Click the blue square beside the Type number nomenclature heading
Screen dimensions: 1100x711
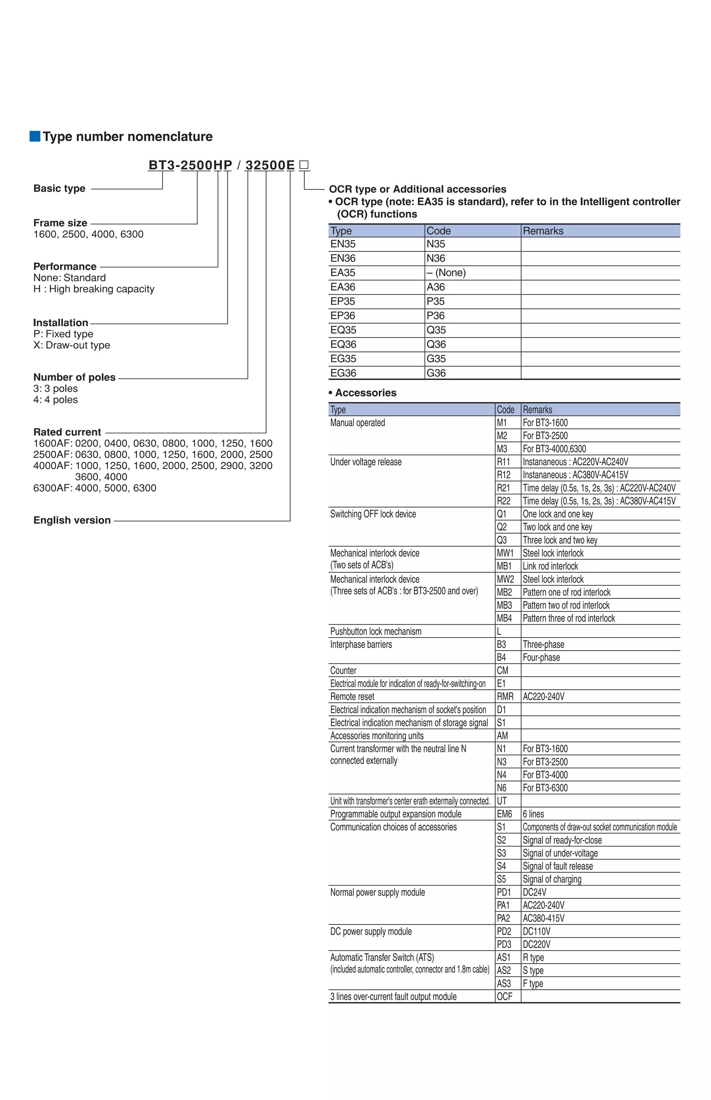[35, 136]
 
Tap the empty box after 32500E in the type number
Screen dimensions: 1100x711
[304, 165]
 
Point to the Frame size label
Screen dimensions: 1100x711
[60, 223]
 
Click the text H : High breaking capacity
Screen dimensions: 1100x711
[94, 289]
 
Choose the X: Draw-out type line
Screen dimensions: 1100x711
[72, 345]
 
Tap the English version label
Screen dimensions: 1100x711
[72, 520]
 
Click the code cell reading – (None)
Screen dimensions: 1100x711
[446, 273]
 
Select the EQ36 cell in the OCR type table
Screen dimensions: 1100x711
[343, 344]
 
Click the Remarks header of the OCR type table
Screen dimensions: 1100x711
[543, 231]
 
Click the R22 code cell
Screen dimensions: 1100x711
[503, 501]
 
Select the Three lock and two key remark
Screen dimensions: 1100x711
[560, 540]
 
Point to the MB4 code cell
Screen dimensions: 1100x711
[504, 618]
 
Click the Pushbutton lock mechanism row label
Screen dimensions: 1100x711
[375, 631]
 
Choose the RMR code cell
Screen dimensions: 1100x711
[505, 697]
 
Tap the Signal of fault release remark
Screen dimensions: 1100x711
[558, 866]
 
